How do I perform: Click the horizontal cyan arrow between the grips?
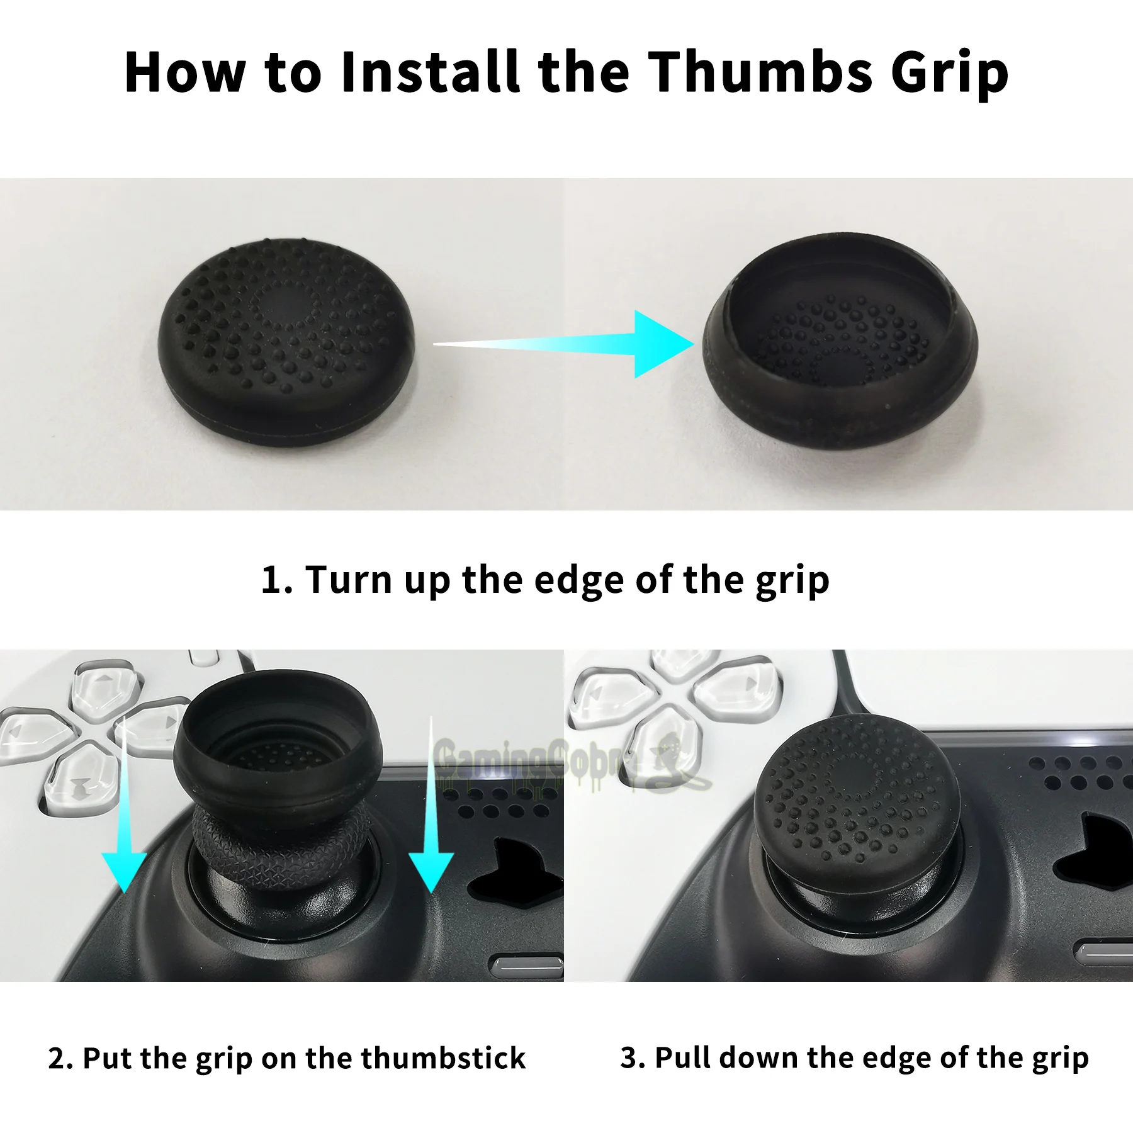(x=566, y=344)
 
